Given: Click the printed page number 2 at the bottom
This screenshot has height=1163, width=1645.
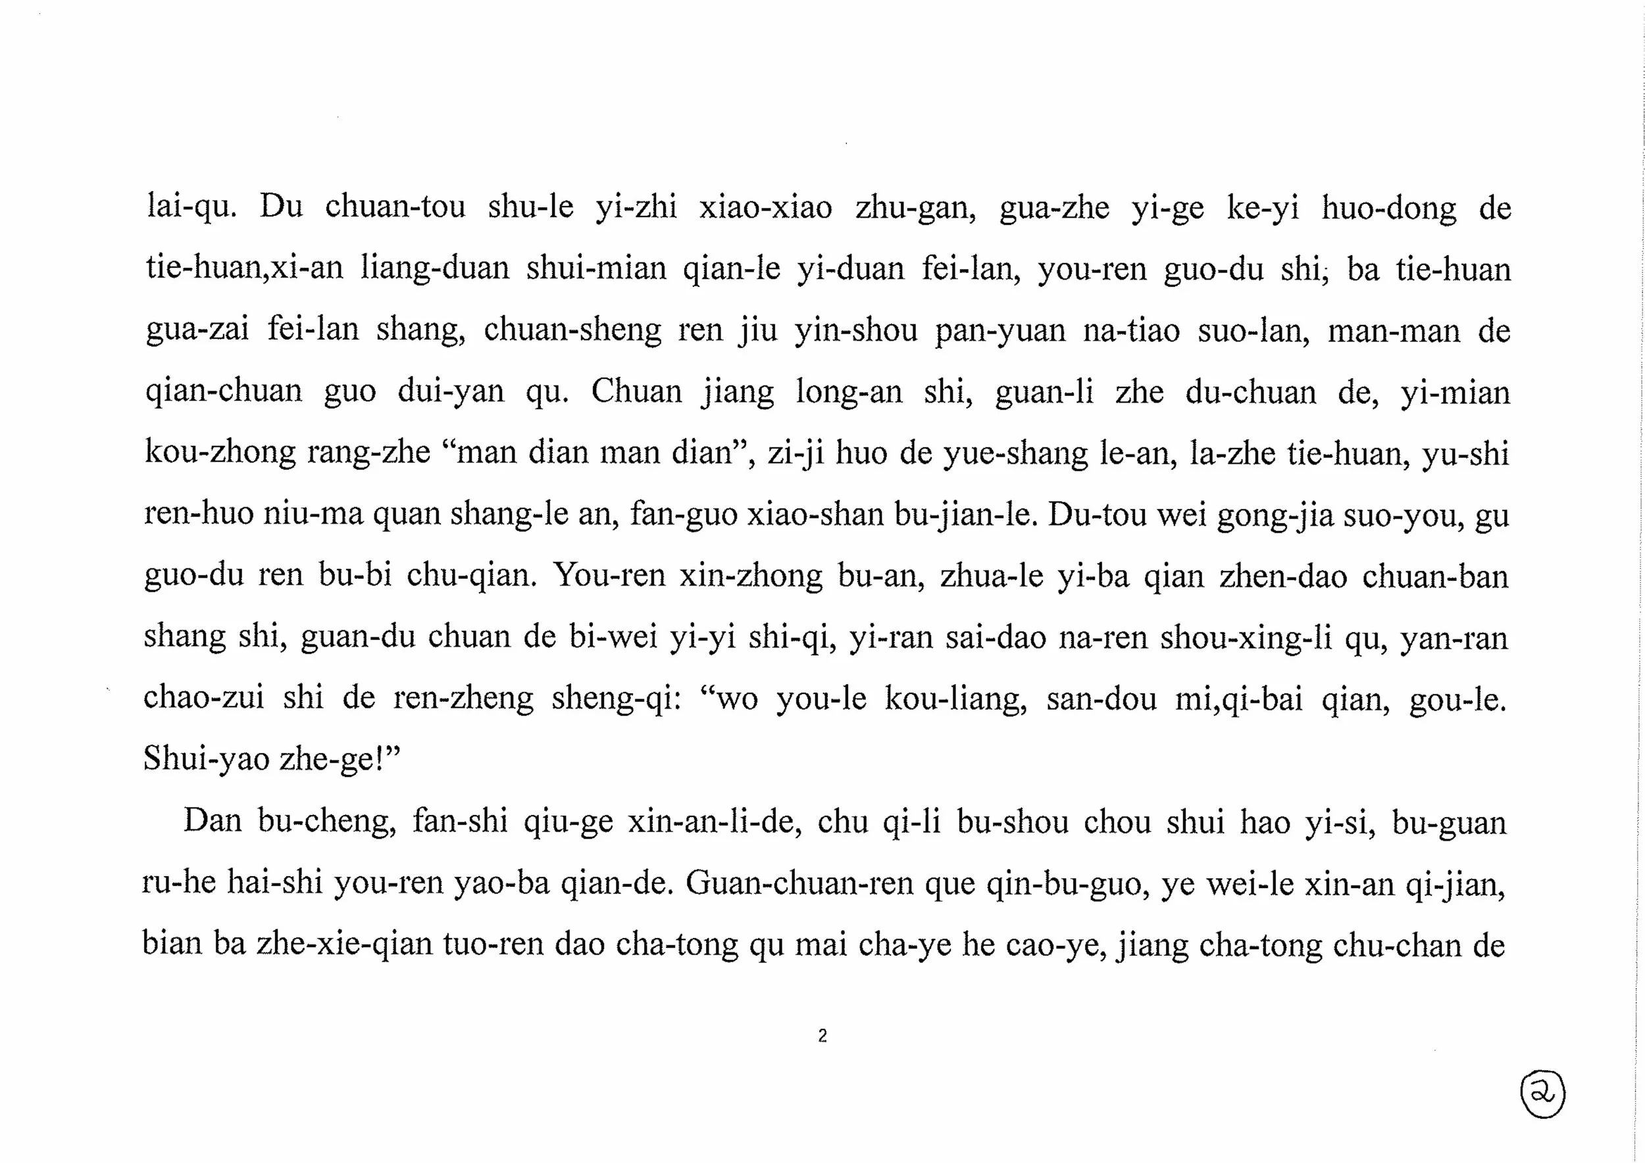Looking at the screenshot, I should point(822,1035).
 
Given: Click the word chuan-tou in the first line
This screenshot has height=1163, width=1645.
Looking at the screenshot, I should point(395,208).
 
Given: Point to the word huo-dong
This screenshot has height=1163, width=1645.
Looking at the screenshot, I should point(1388,209).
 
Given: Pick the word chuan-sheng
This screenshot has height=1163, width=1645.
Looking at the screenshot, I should point(572,331).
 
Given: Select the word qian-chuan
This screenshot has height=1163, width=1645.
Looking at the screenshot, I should point(224,392).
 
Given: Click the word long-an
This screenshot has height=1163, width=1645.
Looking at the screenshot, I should point(849,393).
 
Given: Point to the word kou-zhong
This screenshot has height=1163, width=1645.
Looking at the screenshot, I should point(220,453).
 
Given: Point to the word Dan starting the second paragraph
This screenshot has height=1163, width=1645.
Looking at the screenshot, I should point(213,821).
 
